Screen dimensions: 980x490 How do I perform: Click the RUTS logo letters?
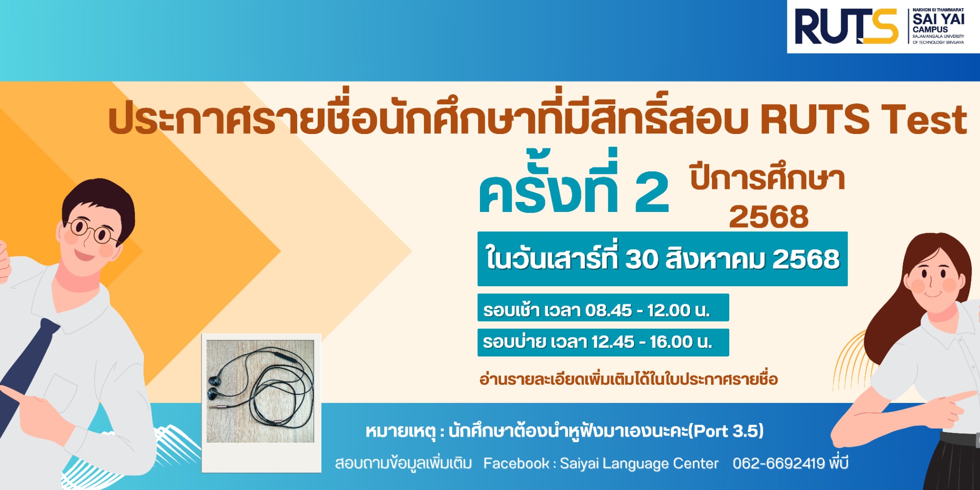[x=846, y=27]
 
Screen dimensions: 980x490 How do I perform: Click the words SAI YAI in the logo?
[x=938, y=19]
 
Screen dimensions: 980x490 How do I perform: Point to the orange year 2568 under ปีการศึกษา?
[x=768, y=217]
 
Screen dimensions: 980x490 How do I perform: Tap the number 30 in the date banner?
[x=642, y=259]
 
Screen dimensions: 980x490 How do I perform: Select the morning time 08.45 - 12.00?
[x=637, y=311]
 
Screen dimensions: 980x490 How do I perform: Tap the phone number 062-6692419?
[x=779, y=463]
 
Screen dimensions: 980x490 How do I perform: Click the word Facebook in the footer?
[x=516, y=463]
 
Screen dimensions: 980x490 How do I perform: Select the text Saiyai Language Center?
[x=639, y=464]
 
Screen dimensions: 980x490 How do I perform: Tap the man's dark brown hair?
[x=98, y=199]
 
